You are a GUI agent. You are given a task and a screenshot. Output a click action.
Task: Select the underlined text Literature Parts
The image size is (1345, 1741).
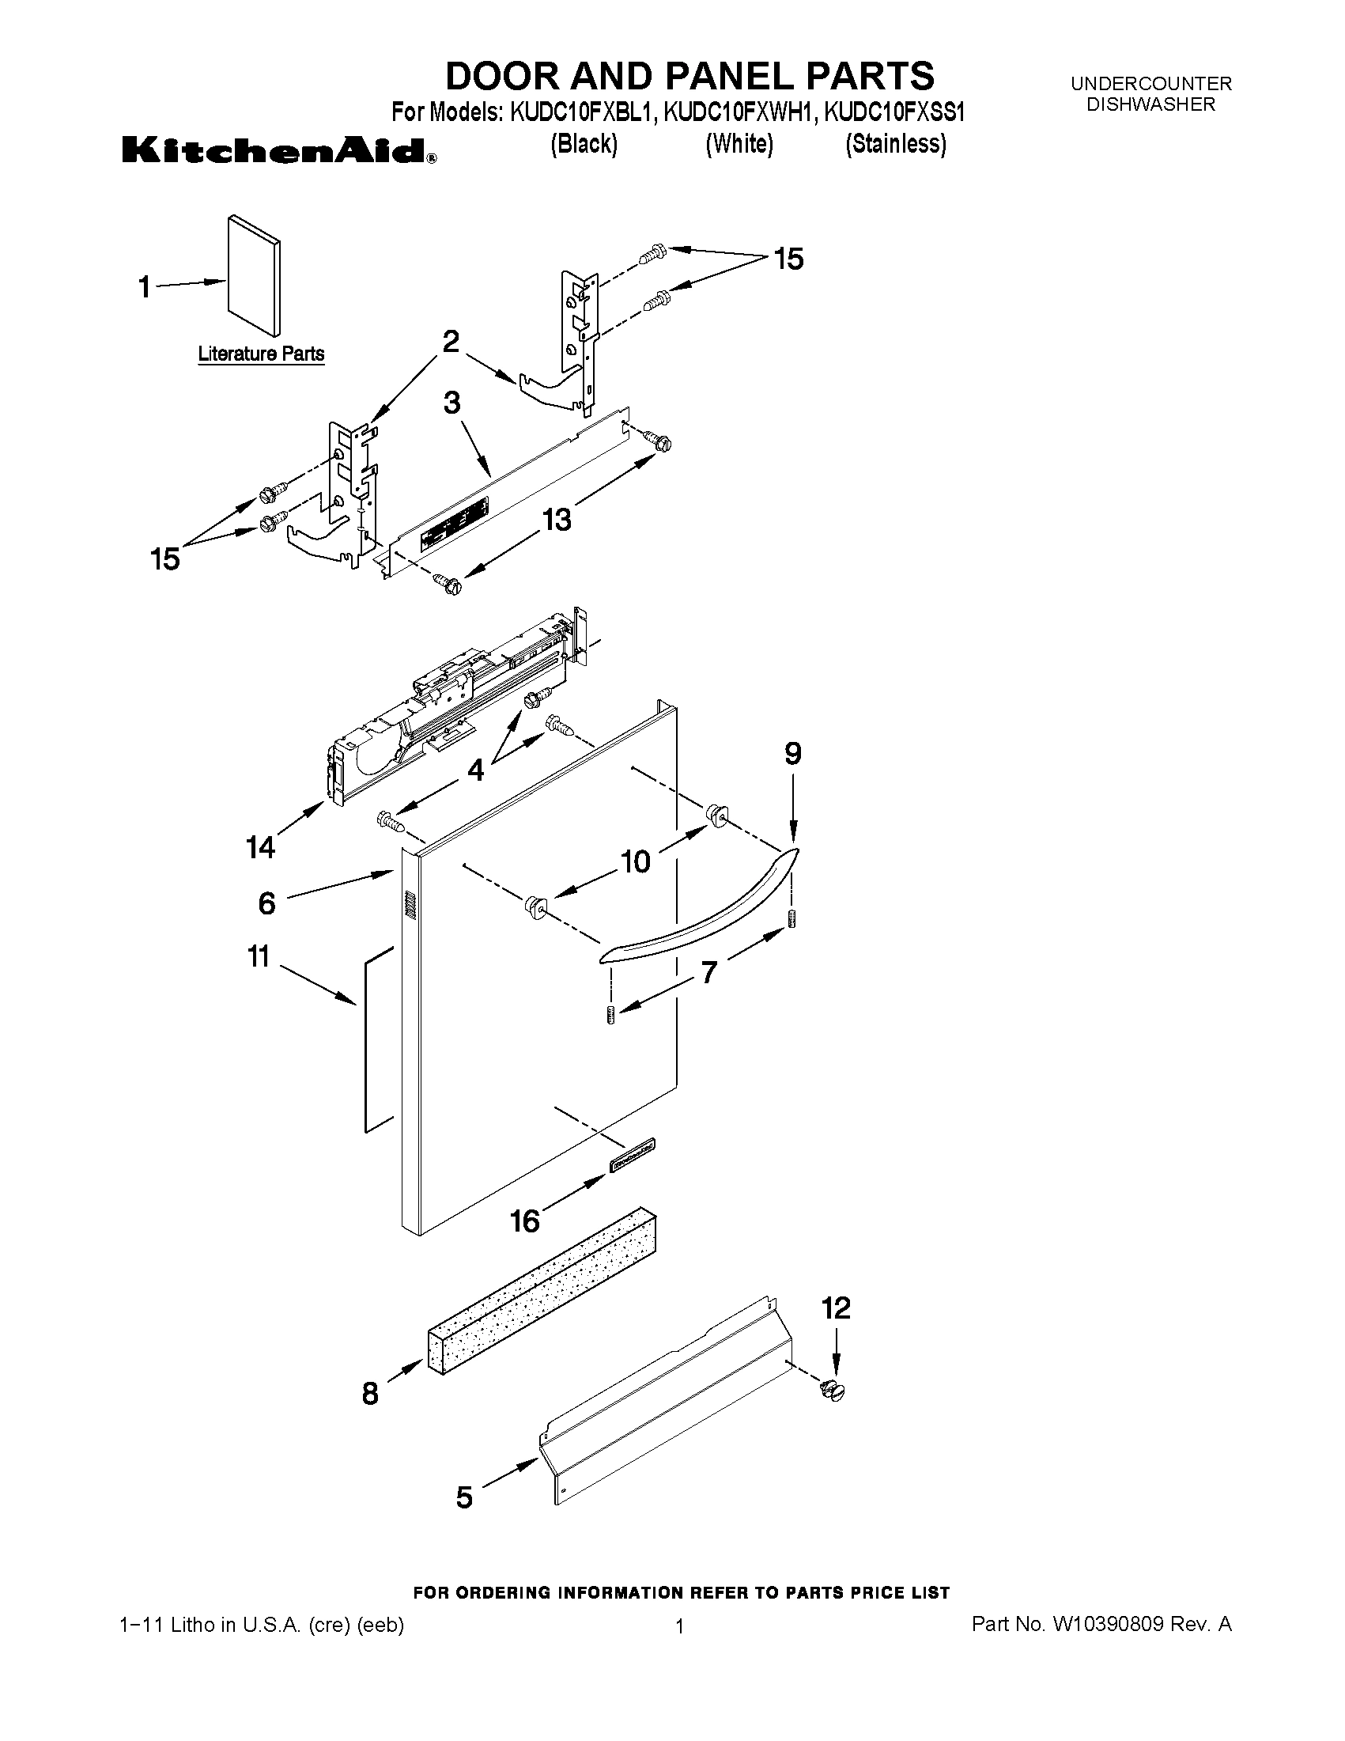[x=261, y=353]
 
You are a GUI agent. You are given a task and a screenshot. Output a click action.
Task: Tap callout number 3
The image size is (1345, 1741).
[x=451, y=403]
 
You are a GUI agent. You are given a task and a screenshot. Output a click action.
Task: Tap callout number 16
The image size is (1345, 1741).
[x=525, y=1221]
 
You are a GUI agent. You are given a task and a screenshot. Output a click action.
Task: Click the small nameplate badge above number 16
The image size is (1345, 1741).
[x=633, y=1155]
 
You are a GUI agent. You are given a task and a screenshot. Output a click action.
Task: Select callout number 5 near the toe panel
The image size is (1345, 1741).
[x=463, y=1497]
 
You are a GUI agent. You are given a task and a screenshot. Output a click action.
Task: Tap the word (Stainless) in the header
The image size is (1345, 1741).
[x=896, y=144]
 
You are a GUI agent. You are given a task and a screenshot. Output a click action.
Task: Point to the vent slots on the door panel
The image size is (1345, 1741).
[x=410, y=906]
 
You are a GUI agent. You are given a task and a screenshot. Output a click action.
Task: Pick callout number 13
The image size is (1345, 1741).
[x=557, y=520]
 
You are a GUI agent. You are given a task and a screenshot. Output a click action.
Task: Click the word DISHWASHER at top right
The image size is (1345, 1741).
[x=1150, y=104]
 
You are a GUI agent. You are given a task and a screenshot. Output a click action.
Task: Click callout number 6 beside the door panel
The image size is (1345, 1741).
[x=267, y=903]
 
